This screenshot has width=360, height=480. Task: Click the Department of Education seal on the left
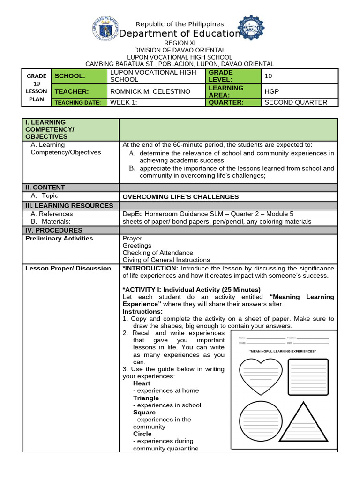(106, 29)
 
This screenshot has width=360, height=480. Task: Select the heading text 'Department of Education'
(180, 33)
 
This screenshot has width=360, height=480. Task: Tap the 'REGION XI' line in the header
(180, 43)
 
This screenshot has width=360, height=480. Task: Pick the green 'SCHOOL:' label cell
(79, 76)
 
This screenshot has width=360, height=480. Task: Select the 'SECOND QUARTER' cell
(296, 102)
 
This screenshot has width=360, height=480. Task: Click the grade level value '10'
(268, 76)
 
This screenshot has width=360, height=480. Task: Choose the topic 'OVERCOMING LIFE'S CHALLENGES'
(180, 197)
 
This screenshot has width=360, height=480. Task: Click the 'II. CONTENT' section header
(45, 187)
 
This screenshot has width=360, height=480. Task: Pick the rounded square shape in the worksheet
(307, 376)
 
